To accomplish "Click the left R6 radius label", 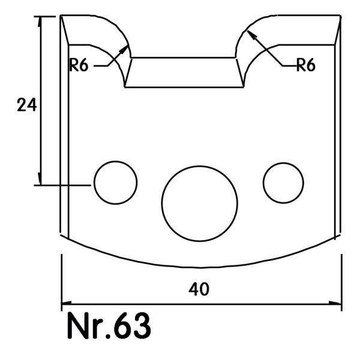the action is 79,65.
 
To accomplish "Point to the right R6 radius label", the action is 306,65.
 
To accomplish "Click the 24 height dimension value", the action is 27,105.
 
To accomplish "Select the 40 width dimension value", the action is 199,289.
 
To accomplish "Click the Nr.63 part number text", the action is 109,326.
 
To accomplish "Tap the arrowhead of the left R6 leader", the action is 125,49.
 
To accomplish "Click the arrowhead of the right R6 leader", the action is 251,35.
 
